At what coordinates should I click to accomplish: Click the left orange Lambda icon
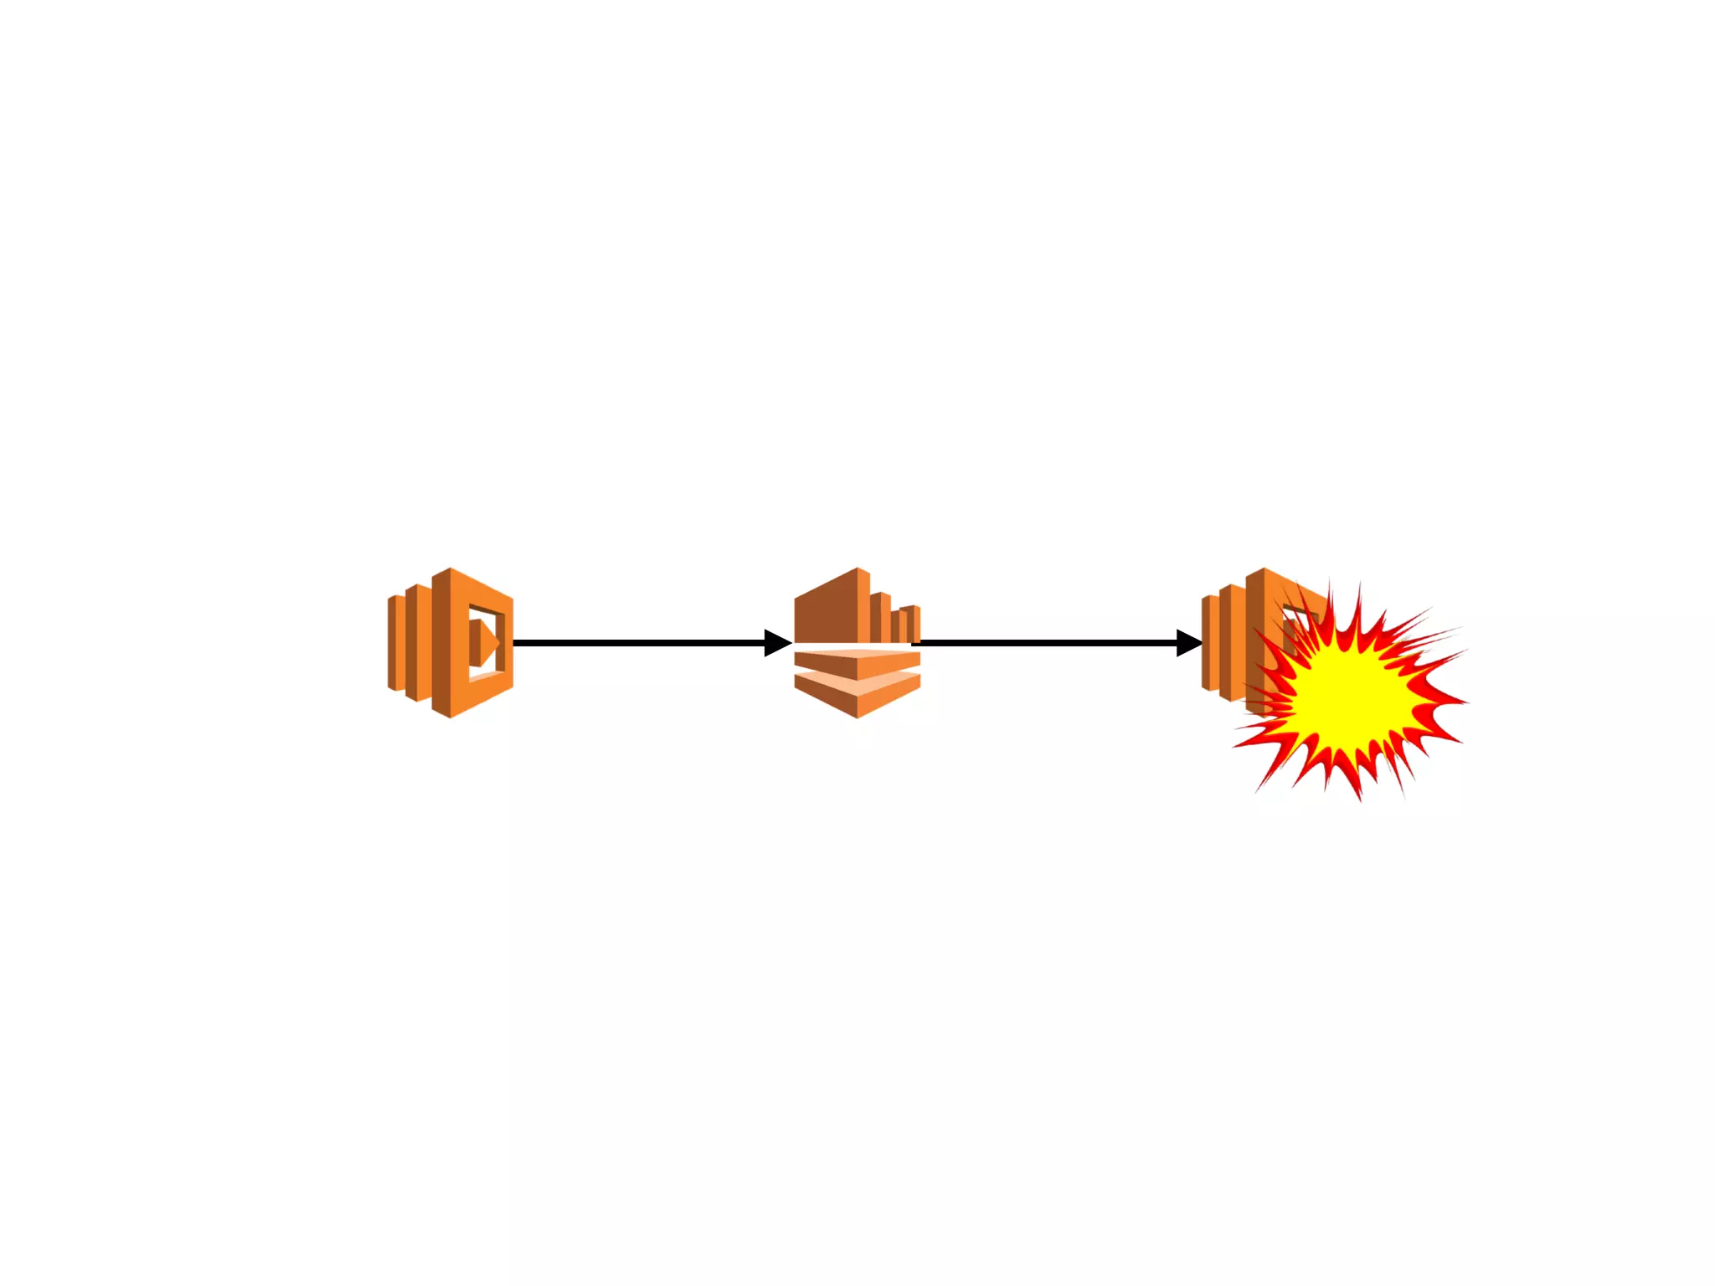coord(451,643)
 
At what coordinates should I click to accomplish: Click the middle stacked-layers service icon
coord(857,643)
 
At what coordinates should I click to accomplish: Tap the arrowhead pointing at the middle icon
coord(778,643)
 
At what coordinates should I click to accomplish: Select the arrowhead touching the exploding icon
coord(1189,643)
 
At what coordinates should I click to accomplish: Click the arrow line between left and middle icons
coord(636,643)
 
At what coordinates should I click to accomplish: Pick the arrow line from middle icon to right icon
coord(1047,643)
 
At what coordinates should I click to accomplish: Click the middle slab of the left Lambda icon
coord(416,643)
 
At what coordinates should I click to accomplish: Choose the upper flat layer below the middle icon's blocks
coord(857,661)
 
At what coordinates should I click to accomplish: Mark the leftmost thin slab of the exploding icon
coord(1208,643)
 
